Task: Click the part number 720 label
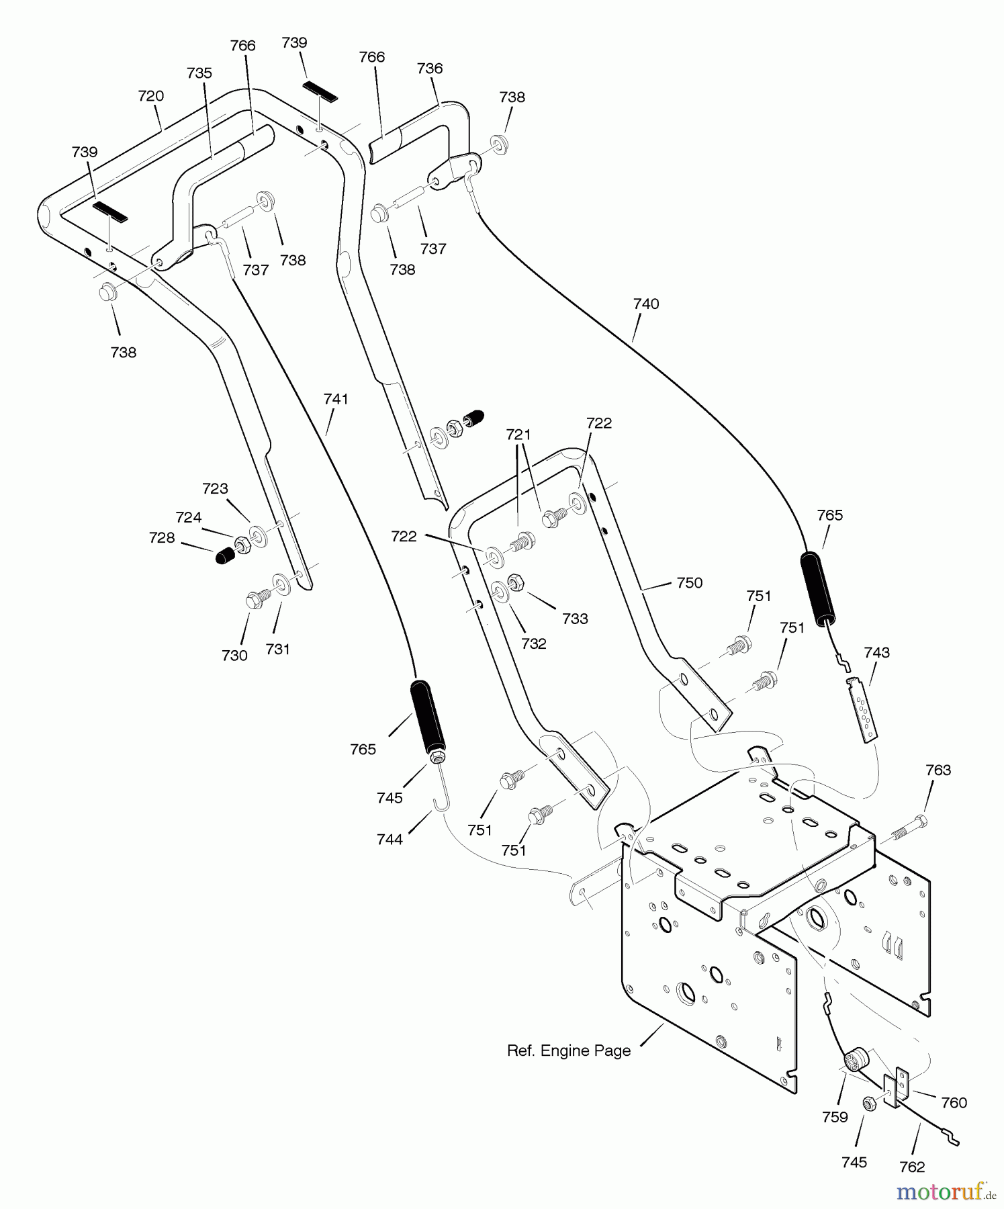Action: pos(150,96)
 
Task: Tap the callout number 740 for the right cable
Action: pos(646,304)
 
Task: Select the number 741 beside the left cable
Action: pos(336,399)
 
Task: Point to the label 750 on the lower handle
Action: pos(689,582)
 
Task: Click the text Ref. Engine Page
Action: pos(569,1050)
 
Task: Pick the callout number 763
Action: pos(938,770)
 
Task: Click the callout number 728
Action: pos(161,537)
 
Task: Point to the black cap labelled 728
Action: pos(224,555)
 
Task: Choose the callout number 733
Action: pos(575,618)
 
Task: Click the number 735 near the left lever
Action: pos(199,73)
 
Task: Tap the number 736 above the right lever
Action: pos(430,68)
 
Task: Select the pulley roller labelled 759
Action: pos(855,1061)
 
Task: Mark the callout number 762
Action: pos(911,1167)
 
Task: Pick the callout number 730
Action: pos(234,656)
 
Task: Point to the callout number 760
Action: pos(954,1102)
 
